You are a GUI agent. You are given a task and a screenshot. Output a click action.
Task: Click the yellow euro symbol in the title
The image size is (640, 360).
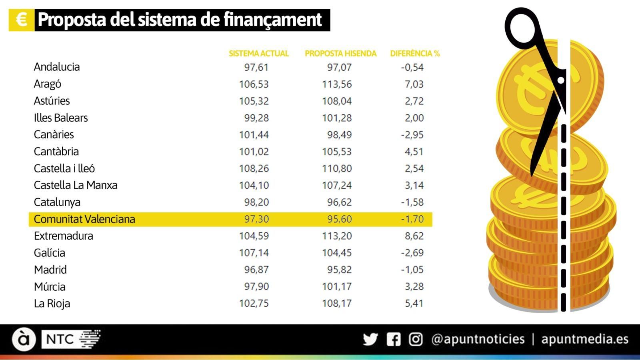22,20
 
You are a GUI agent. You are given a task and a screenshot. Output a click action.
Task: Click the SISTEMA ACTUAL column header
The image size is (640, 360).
258,54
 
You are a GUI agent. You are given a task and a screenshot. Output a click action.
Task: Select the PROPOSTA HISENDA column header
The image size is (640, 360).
340,54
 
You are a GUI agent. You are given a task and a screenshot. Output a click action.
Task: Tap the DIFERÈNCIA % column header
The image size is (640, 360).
415,54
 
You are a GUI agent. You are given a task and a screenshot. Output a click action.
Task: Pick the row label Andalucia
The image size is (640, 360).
57,67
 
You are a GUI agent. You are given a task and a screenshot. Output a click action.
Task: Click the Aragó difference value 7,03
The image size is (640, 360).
414,84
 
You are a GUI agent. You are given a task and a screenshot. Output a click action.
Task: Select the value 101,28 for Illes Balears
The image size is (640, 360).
337,118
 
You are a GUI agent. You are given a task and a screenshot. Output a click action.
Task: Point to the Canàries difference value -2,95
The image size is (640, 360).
412,135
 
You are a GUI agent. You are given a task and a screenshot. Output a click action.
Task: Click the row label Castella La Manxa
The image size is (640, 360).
76,185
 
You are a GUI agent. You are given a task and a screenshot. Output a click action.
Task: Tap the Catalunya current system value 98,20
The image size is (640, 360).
256,202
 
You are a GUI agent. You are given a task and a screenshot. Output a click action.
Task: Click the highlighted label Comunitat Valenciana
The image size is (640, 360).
84,219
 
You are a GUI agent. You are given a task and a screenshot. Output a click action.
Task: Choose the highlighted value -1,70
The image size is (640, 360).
412,219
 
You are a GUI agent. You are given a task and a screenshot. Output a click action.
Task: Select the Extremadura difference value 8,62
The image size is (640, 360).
414,236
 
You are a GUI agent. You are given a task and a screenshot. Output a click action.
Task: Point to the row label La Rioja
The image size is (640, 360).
52,304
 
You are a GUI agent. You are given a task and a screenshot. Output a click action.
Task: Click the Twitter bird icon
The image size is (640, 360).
370,340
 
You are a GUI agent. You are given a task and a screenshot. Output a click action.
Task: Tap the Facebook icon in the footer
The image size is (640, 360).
394,340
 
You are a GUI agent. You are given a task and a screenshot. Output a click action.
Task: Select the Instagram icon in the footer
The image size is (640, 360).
416,340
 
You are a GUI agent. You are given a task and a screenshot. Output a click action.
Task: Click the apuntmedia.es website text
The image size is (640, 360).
584,339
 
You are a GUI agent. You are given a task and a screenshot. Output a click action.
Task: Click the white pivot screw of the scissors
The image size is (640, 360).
561,80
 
